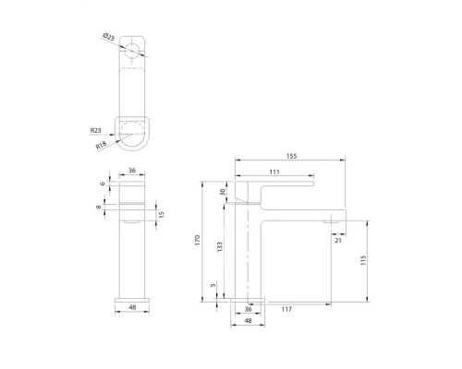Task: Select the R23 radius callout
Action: pyautogui.click(x=99, y=132)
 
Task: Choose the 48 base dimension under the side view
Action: pyautogui.click(x=247, y=322)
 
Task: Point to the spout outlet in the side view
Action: pyautogui.click(x=330, y=222)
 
